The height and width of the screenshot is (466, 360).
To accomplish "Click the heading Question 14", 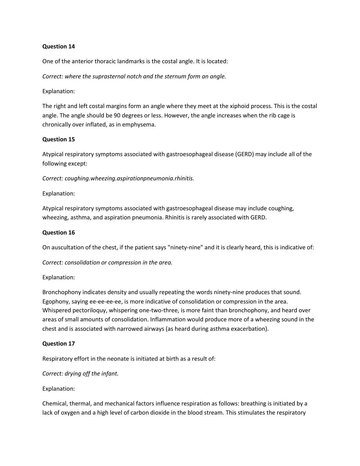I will (x=58, y=46).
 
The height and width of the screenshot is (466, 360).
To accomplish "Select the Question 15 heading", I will (x=58, y=139).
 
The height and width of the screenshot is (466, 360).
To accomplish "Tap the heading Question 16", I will (x=58, y=232).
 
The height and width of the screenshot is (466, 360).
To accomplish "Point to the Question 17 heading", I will (x=58, y=343).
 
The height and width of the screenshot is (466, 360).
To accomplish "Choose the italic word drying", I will (x=73, y=374).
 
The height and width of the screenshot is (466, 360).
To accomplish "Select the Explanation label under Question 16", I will (x=58, y=277).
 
